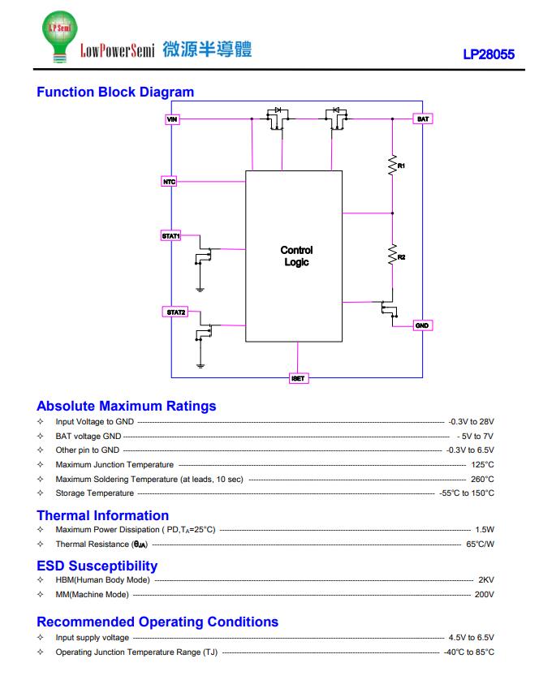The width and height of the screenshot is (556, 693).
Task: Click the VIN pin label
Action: [172, 119]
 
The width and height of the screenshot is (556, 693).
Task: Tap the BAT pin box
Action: [423, 119]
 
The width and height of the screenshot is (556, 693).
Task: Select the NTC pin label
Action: [170, 182]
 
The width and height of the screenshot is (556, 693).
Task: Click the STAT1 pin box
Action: [171, 236]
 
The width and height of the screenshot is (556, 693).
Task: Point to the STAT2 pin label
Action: [175, 312]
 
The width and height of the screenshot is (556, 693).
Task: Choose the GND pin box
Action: [422, 325]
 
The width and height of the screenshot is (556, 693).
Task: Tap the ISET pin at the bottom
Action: [299, 378]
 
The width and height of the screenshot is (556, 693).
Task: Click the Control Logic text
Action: [296, 256]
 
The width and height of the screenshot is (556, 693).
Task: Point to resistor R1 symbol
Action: [392, 166]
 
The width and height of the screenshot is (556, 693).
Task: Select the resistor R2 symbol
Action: [392, 255]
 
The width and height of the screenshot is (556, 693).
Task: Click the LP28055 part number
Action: [489, 54]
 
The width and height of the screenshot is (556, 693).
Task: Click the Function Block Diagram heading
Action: [115, 92]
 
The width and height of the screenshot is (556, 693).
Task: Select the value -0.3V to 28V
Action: [471, 422]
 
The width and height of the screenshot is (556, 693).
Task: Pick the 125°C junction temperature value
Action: [483, 464]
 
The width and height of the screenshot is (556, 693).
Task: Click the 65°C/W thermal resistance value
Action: [481, 544]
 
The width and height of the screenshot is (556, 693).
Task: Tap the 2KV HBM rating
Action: [486, 580]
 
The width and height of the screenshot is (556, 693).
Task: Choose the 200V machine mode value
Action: [485, 595]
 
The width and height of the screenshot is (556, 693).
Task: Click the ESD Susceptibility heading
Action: [97, 566]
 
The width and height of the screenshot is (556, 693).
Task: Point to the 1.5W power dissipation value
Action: [485, 529]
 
